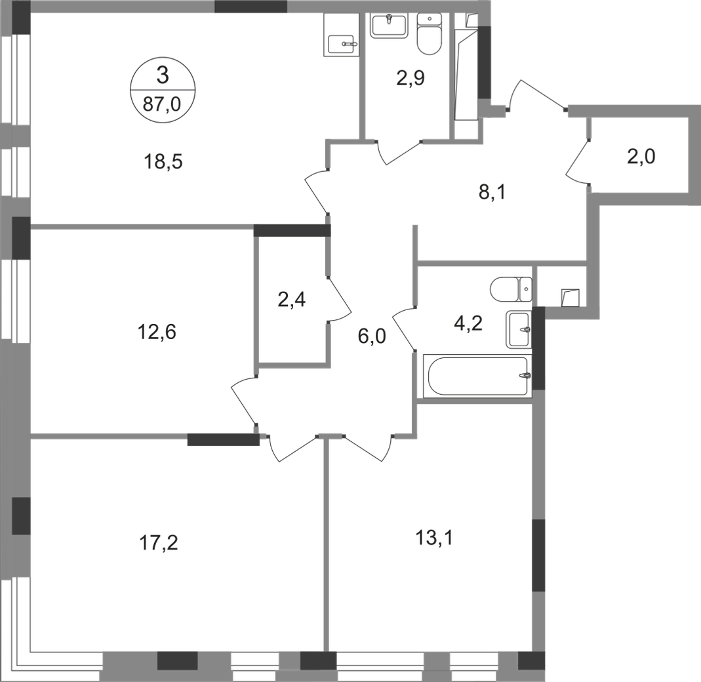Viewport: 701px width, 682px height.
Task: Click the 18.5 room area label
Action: [162, 162]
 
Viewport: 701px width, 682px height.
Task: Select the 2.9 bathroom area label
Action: [410, 80]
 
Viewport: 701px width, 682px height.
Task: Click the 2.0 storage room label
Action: [641, 158]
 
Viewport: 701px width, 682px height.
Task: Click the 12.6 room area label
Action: [157, 332]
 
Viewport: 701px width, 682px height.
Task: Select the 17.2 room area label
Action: [160, 543]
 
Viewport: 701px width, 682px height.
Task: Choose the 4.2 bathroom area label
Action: [468, 326]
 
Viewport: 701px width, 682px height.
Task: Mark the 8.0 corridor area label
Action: [372, 338]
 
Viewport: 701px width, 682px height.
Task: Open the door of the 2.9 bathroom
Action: [397, 152]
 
